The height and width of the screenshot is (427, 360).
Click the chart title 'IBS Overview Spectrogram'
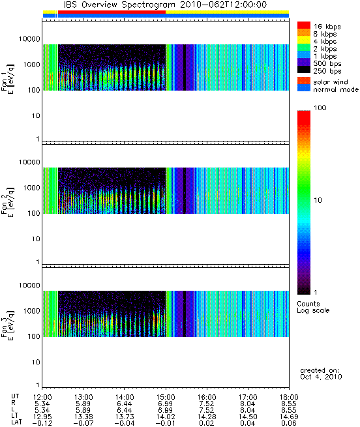pos(119,5)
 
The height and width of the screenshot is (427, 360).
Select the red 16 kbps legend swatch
pos(304,25)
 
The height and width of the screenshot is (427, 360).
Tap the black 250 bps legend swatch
pos(304,70)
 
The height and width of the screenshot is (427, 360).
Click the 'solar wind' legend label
pos(330,82)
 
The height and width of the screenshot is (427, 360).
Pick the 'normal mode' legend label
pos(335,89)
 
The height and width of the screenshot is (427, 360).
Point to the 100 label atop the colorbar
pos(320,108)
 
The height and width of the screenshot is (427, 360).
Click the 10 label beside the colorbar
pos(318,200)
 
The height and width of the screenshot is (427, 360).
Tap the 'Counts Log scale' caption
pos(313,307)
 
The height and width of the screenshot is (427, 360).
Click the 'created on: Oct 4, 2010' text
pos(321,374)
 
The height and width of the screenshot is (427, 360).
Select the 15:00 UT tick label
pos(166,397)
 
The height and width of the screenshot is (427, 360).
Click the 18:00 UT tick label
pos(289,397)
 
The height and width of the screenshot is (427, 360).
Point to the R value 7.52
pos(207,404)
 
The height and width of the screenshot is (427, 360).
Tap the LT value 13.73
pos(125,417)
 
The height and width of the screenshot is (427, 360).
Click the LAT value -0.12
pos(42,423)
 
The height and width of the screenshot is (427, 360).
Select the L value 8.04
pos(248,410)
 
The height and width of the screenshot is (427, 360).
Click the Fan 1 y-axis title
pos(7,80)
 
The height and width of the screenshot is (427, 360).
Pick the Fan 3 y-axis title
pos(7,325)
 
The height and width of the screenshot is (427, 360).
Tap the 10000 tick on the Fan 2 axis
pos(29,162)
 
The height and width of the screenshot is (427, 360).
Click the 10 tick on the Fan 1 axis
pos(37,116)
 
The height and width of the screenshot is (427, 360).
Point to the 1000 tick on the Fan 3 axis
pos(31,311)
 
